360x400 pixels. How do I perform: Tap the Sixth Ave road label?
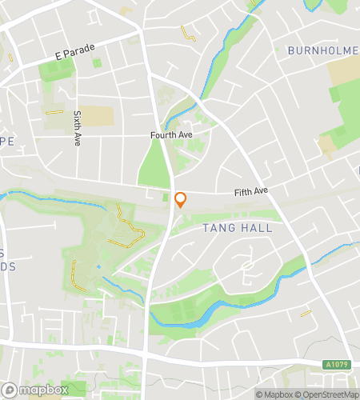point(78,128)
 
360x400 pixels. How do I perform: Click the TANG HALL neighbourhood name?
point(238,228)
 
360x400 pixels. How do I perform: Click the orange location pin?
point(181,200)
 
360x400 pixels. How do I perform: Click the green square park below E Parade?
point(54,71)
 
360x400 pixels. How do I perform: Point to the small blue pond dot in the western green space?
point(98,266)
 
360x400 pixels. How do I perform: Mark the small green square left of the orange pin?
point(166,197)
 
